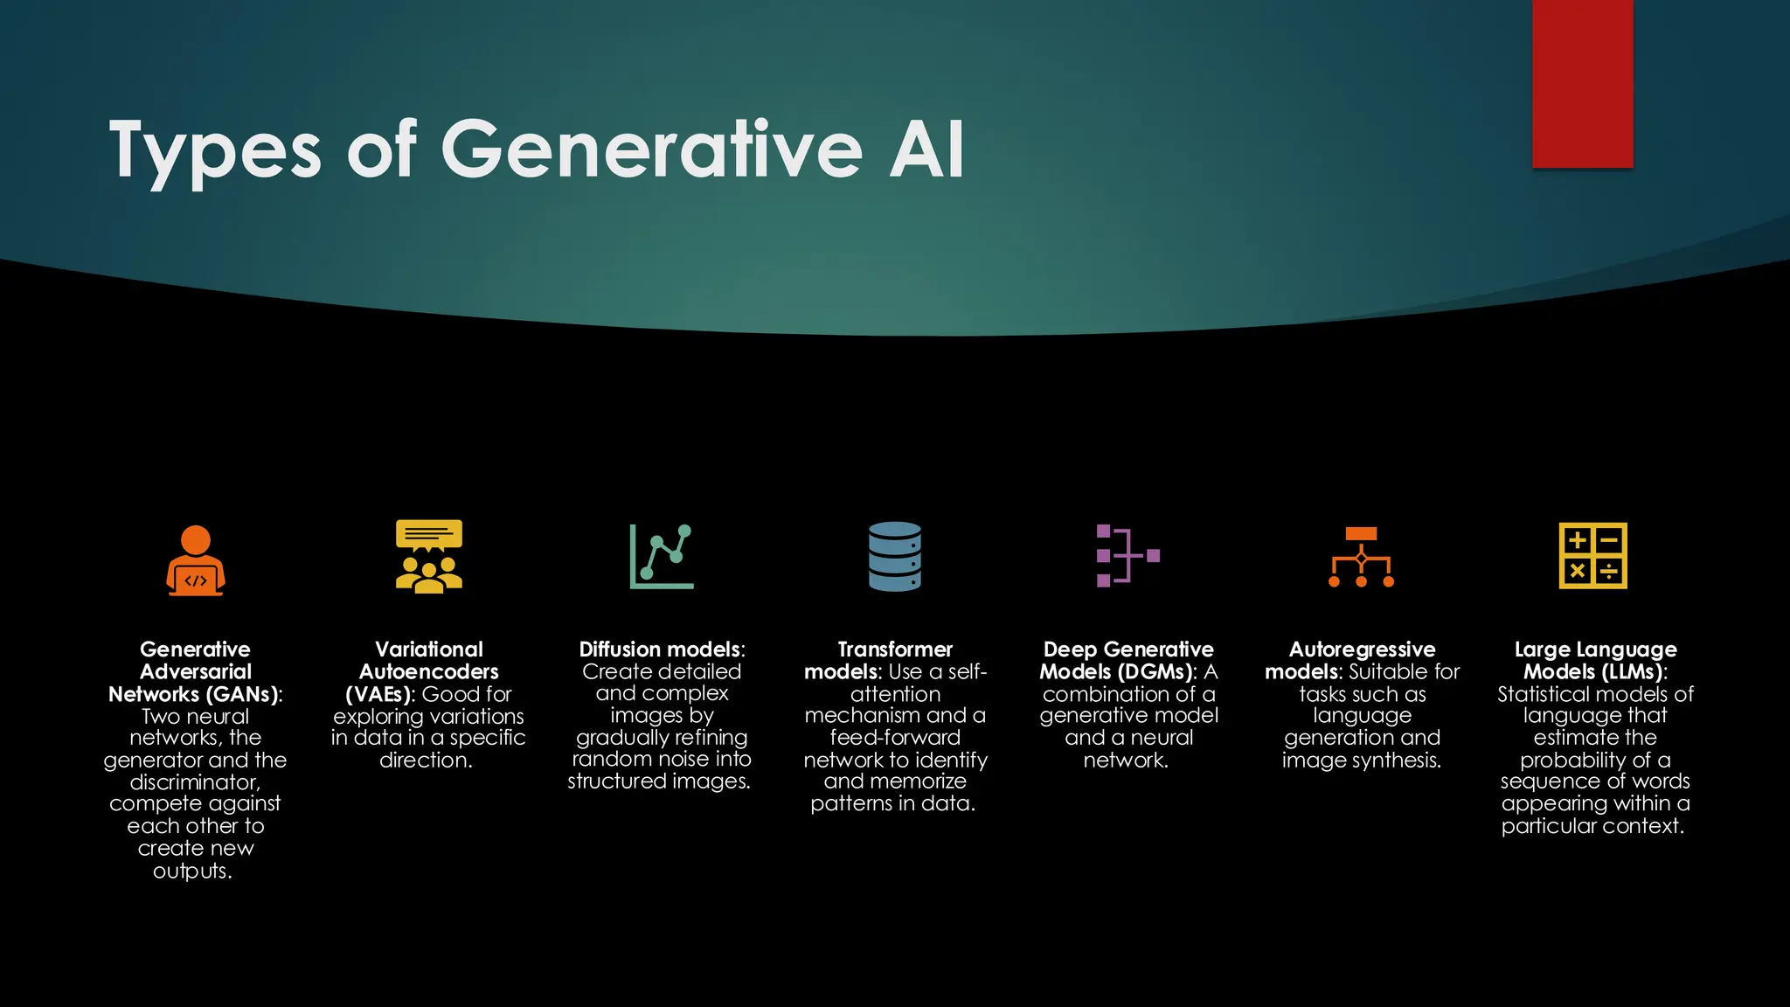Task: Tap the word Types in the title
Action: (215, 151)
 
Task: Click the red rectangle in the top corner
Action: (1582, 83)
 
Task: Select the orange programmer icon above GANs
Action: (196, 560)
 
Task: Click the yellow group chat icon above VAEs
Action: (428, 557)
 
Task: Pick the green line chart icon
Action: (662, 557)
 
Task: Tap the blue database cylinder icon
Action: (895, 557)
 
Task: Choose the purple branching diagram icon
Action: (1127, 556)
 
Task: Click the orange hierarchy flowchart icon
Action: (1361, 557)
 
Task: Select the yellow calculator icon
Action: (1592, 556)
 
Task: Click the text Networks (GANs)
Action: (193, 694)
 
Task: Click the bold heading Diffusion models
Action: (660, 649)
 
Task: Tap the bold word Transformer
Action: (895, 649)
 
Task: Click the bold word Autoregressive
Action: (1362, 649)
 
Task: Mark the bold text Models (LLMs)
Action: (1592, 671)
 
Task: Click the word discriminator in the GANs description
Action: (194, 781)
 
